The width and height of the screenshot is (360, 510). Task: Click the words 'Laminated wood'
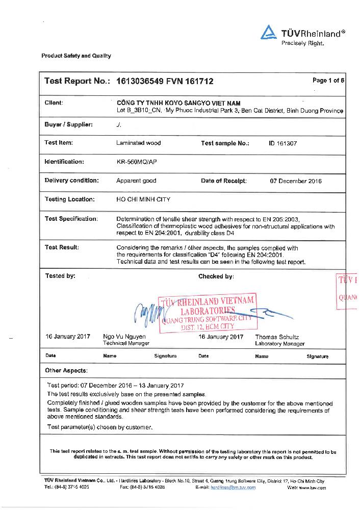[138, 143]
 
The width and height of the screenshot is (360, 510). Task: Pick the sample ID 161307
[282, 143]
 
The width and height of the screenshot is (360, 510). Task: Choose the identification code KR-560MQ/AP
[137, 162]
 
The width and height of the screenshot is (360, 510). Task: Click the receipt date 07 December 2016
[296, 181]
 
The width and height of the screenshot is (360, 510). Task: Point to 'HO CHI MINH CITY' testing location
[144, 199]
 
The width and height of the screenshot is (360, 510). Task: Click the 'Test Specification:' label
[71, 219]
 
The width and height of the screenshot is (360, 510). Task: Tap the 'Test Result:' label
[62, 247]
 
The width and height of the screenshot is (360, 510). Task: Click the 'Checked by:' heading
[216, 276]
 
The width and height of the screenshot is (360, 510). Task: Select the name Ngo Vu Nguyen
[124, 337]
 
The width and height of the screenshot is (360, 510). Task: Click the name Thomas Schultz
[276, 337]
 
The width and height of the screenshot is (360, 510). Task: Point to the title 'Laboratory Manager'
[279, 344]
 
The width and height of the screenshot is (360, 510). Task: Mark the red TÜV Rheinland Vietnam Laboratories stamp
[207, 313]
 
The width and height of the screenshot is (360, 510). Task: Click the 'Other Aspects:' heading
[66, 370]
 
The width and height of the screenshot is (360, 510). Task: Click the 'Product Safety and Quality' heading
[76, 56]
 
